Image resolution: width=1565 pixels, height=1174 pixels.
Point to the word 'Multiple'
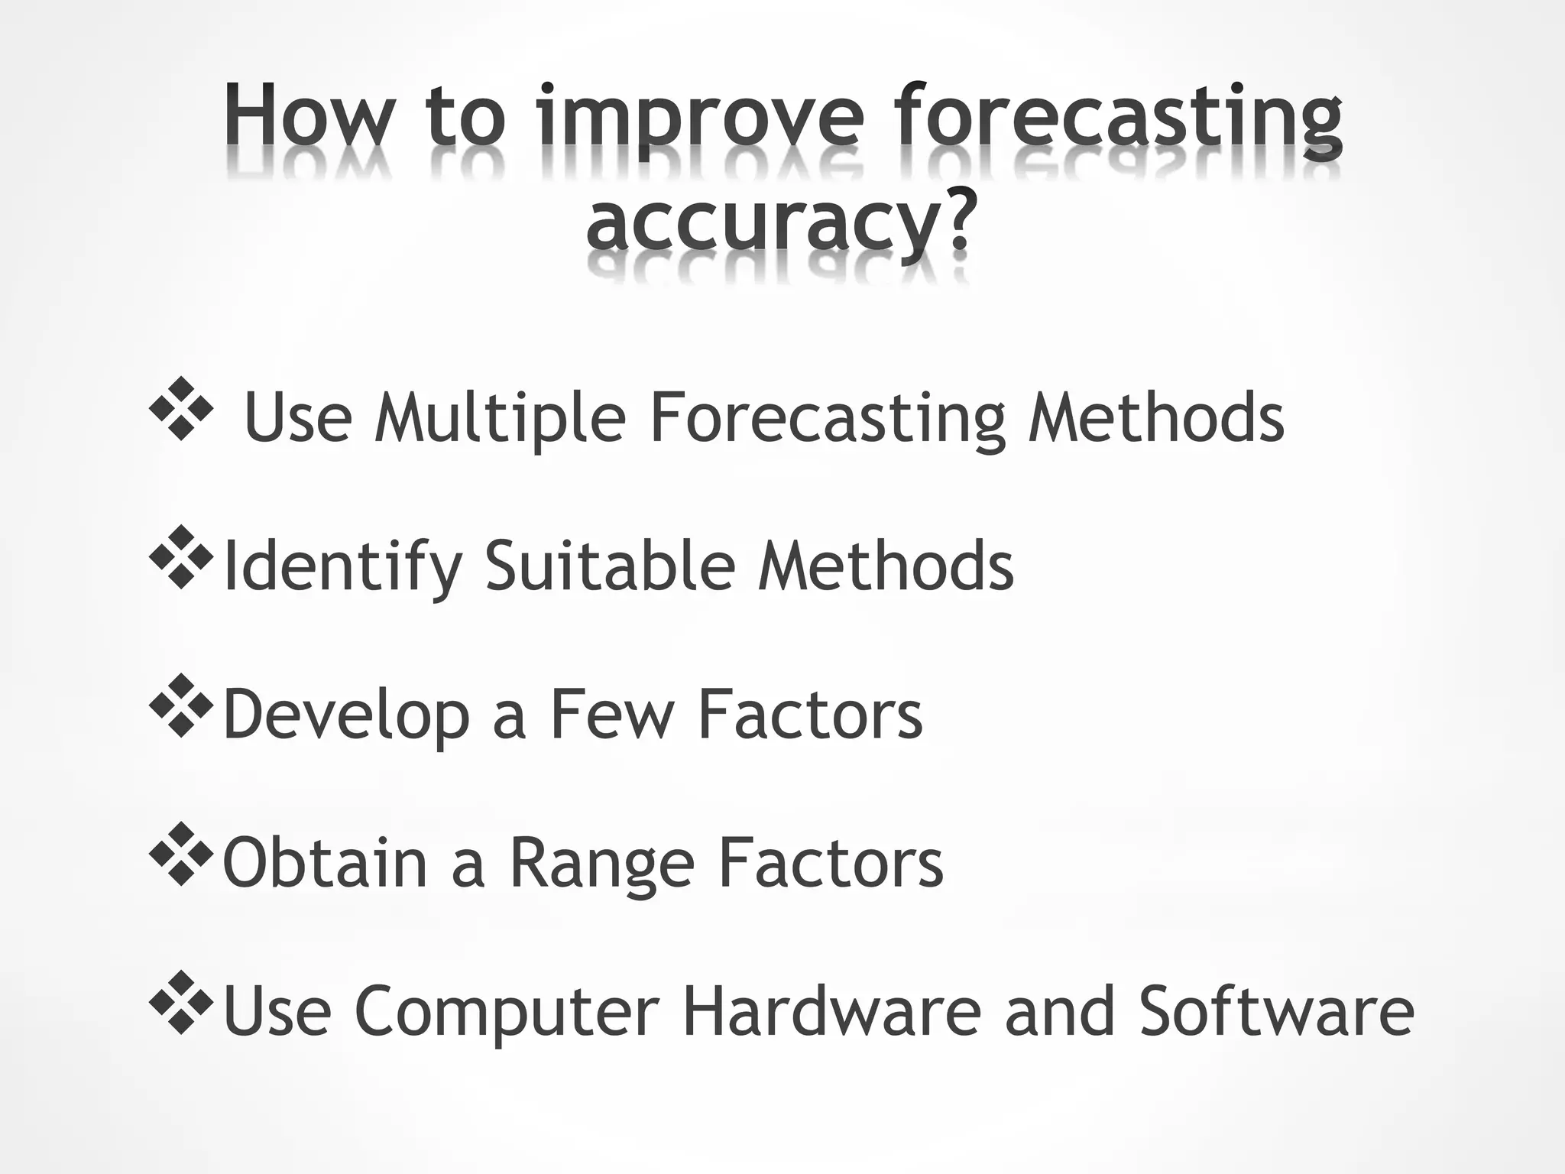pyautogui.click(x=500, y=418)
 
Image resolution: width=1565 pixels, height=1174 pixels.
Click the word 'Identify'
pyautogui.click(x=342, y=567)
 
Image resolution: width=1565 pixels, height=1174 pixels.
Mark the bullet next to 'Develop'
pyautogui.click(x=181, y=705)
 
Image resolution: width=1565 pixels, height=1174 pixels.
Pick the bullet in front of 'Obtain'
pyautogui.click(x=181, y=854)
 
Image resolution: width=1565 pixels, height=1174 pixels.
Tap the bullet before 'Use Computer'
pyautogui.click(x=181, y=1002)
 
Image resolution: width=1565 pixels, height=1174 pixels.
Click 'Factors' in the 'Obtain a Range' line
pyautogui.click(x=831, y=864)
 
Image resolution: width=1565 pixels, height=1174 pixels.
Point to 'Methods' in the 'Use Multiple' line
pyautogui.click(x=1155, y=418)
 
